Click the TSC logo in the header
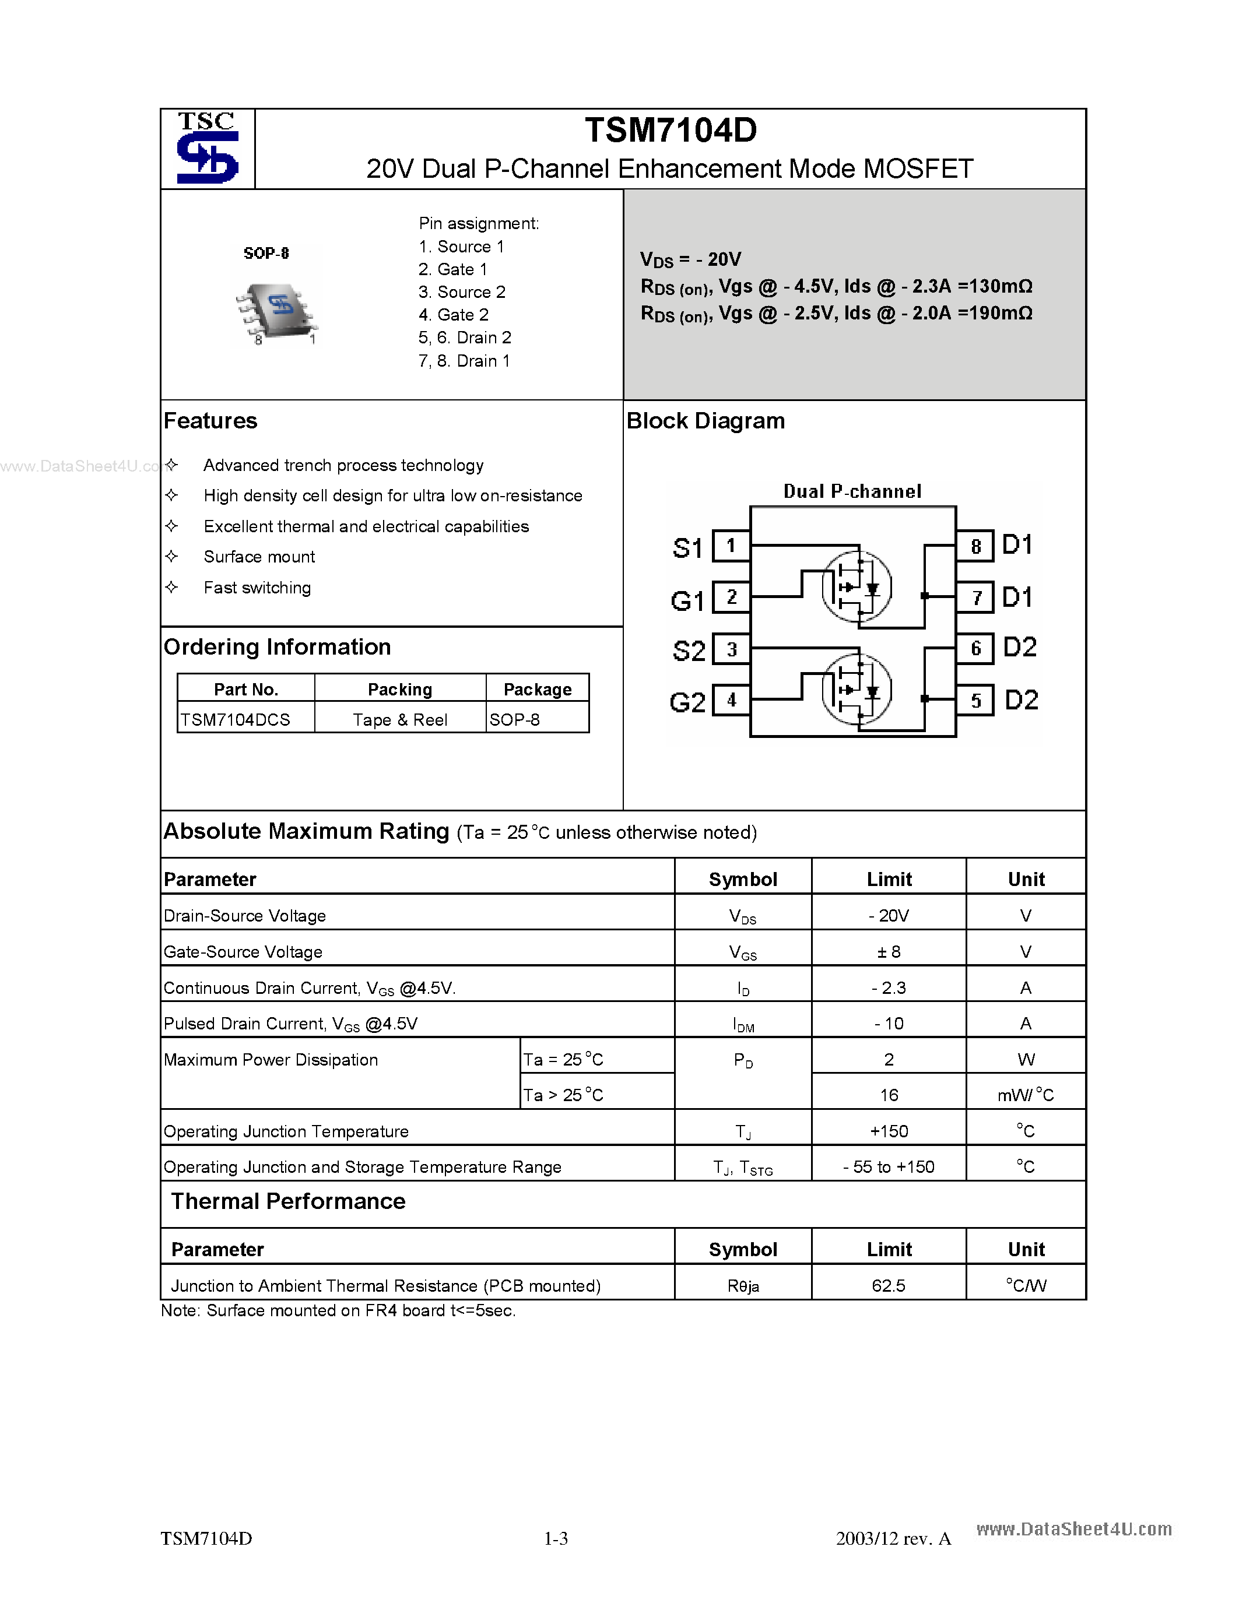(208, 148)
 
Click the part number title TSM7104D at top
(670, 131)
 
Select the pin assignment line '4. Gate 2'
(453, 315)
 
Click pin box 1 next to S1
(731, 546)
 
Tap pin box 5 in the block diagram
(975, 700)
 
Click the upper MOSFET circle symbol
(856, 587)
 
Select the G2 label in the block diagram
(687, 703)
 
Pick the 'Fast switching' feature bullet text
(257, 588)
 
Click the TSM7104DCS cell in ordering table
(236, 720)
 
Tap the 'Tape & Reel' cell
(399, 720)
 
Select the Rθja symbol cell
(743, 1286)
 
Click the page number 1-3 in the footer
(556, 1538)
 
